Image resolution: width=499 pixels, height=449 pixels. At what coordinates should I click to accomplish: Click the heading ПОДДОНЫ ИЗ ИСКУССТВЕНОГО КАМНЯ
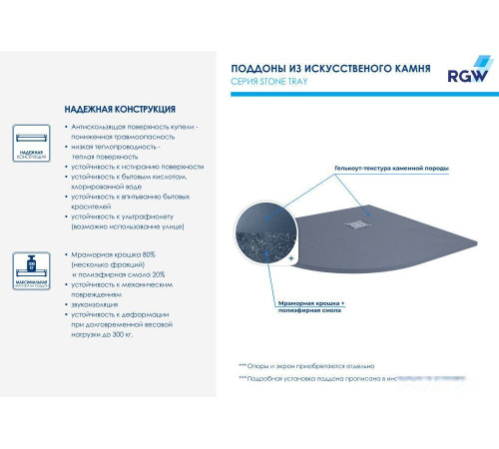tap(324, 69)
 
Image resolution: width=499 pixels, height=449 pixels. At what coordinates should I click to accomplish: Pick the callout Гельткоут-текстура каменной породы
tap(392, 171)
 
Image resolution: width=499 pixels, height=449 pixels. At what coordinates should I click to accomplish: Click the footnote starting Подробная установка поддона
tap(329, 380)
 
